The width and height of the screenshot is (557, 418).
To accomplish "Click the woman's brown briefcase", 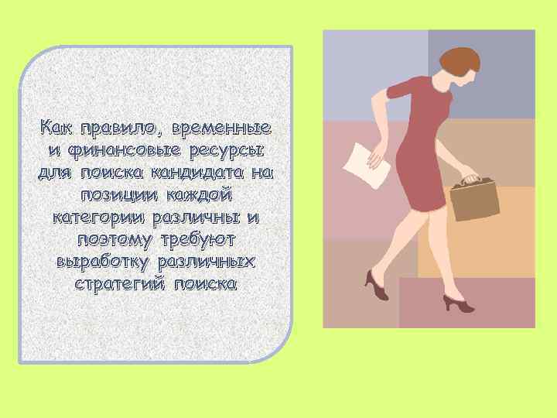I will click(x=473, y=199).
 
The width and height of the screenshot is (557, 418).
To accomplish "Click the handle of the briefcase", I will click(x=470, y=179).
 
